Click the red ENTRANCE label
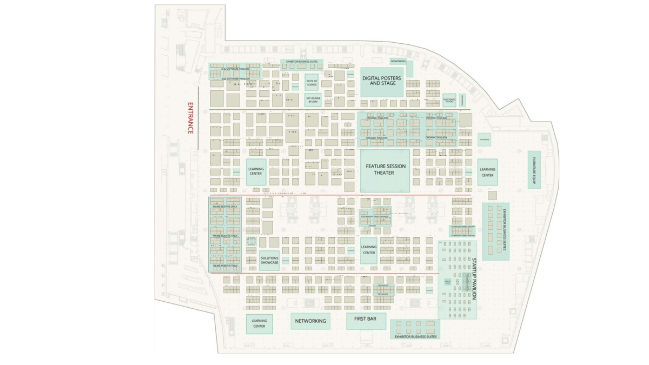(190, 117)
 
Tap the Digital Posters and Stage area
(382, 81)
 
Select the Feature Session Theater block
(384, 170)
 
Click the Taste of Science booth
(312, 83)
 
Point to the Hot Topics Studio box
(449, 101)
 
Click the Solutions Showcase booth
(269, 260)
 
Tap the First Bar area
(365, 320)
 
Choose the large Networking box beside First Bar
(310, 321)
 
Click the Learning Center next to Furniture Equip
(487, 172)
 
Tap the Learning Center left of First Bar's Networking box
(259, 323)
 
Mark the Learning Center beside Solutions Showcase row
(369, 250)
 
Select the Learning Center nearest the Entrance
(256, 172)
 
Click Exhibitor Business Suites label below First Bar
(415, 336)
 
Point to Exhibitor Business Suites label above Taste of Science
(302, 62)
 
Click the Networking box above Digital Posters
(401, 62)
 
